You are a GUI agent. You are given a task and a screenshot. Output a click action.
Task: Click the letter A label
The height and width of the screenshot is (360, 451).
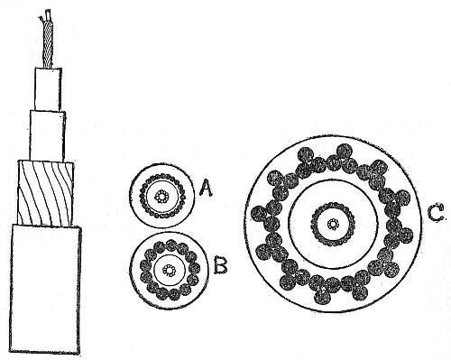coord(207,188)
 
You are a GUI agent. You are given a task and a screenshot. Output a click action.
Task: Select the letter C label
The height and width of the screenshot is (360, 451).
coord(436,214)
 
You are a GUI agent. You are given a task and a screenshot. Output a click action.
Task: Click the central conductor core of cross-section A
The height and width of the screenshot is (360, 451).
coord(162,196)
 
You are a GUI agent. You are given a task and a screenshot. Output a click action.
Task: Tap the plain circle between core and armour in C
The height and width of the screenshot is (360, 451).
coord(334,180)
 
